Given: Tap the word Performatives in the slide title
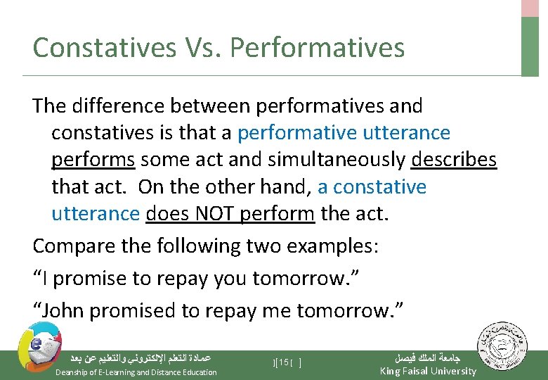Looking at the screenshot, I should tap(317, 48).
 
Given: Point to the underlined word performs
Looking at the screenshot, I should tap(93, 160).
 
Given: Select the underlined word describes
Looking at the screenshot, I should tap(454, 160).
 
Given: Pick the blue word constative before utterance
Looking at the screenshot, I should tap(379, 187).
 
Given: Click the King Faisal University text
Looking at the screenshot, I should tap(427, 371).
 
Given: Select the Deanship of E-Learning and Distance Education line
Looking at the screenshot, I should tap(136, 372).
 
